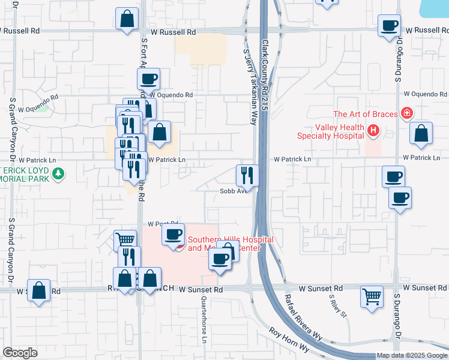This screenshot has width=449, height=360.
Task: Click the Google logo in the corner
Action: tap(20, 353)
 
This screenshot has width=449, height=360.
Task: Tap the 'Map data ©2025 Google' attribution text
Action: tap(411, 355)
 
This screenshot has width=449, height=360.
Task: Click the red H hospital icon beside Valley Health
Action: tap(373, 130)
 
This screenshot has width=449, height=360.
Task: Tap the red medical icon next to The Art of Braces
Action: tap(407, 112)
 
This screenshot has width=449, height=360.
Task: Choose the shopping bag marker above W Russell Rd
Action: tap(127, 19)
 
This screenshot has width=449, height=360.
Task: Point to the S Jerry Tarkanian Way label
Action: tap(250, 86)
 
